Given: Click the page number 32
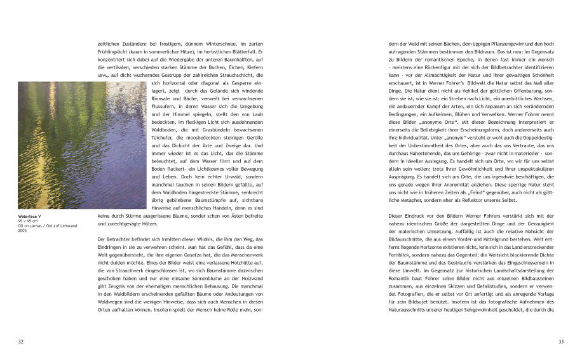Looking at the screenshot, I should (21, 342).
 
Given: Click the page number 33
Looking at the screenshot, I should (560, 342).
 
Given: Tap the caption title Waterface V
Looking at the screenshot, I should (30, 217).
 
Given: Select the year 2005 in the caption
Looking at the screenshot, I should (22, 231).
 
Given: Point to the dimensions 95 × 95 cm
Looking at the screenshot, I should (27, 222).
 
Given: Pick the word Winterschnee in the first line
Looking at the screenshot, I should (207, 44).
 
